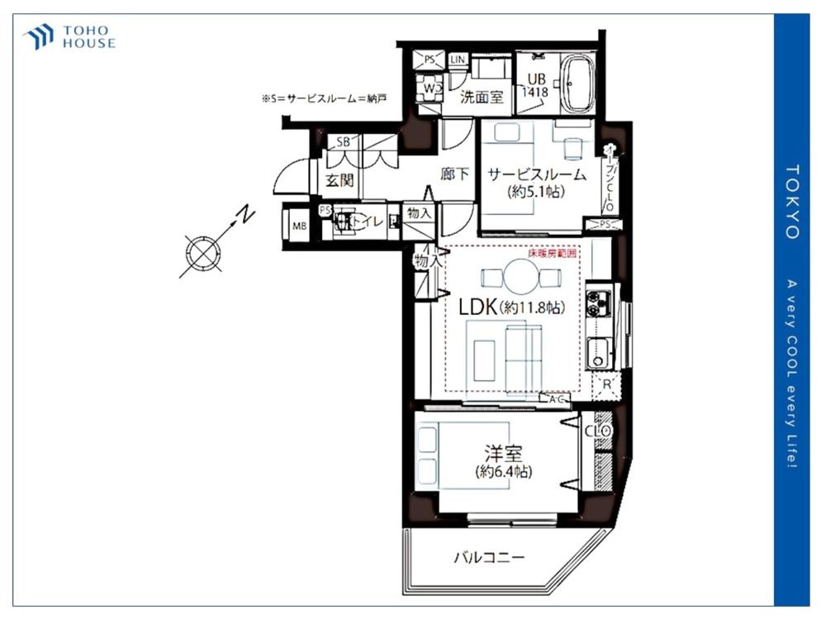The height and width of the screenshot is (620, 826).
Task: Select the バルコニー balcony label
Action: point(488,557)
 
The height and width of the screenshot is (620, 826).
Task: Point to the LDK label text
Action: point(477,307)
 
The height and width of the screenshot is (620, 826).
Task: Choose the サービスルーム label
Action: point(537,174)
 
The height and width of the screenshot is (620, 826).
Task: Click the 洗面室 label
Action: point(482,97)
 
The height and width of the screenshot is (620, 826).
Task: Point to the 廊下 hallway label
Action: point(454,174)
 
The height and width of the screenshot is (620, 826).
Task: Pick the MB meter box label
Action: point(295,223)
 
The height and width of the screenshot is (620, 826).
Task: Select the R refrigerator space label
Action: point(606,384)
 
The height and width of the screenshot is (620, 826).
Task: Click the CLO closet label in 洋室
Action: point(597,431)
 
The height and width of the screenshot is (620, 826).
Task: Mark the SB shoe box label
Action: point(343,141)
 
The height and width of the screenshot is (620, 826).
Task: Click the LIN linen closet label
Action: point(458,60)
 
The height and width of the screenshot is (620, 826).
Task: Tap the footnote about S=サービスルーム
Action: point(324,98)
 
